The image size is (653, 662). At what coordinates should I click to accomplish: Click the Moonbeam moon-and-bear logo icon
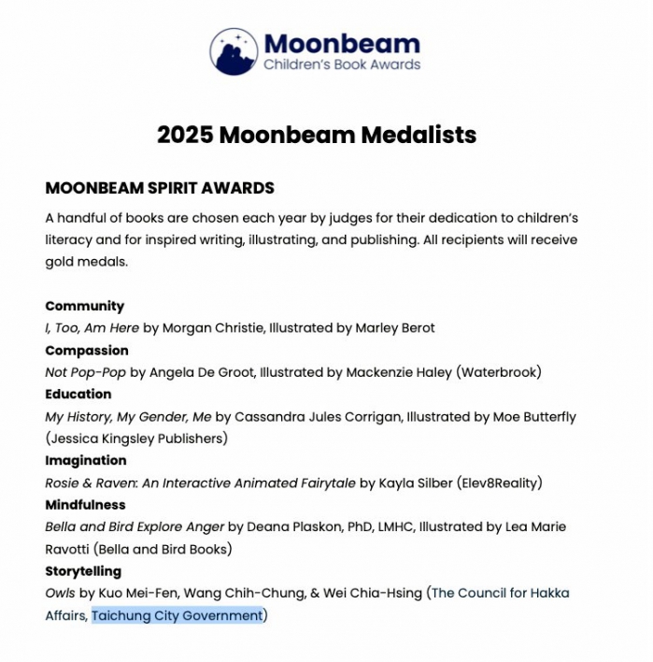[234, 51]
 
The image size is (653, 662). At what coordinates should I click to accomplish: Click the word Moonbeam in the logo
[342, 43]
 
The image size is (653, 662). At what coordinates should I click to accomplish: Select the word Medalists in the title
[418, 135]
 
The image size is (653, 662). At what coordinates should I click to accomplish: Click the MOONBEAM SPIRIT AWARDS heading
[160, 188]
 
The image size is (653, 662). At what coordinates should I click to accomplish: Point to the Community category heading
[84, 306]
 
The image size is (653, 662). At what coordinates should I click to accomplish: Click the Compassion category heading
[87, 351]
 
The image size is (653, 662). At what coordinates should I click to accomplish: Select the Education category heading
[78, 394]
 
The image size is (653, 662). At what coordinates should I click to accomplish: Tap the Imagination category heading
[86, 460]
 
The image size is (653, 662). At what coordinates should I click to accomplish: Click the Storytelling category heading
[83, 571]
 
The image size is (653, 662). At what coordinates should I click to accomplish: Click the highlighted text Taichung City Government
[177, 615]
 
